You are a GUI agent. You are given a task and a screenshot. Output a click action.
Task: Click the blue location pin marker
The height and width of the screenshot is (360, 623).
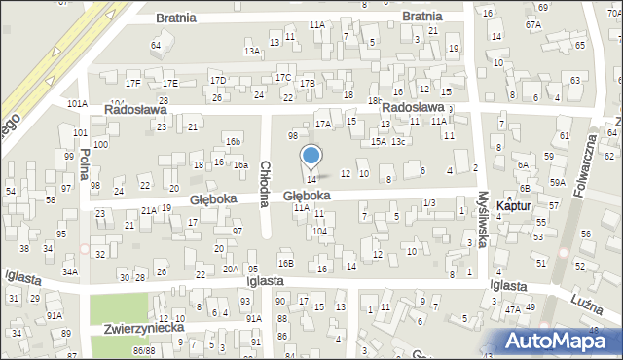pos(311,157)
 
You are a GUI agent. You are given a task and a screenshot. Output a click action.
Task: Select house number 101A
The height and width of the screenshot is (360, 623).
pos(77,103)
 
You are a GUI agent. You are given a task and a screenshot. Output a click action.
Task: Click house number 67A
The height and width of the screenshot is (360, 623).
pos(532,24)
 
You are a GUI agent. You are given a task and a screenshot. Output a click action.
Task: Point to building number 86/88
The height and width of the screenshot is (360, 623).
pos(145,349)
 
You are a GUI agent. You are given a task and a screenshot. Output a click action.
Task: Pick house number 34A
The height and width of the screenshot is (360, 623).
pos(70,272)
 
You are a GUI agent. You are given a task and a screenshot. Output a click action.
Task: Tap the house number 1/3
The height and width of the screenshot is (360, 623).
pos(429,202)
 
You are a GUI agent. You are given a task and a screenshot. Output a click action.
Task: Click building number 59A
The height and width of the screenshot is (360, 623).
pos(557,182)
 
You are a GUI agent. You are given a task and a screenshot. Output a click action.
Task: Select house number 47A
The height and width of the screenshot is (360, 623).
pos(512,308)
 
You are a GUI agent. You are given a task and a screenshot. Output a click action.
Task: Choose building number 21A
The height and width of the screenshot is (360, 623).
pos(149,210)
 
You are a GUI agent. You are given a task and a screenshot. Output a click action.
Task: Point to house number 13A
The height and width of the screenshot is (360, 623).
pos(252,51)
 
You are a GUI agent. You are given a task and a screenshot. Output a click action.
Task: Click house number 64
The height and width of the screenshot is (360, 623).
pos(156,46)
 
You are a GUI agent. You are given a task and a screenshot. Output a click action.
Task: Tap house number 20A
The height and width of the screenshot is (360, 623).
pos(231,269)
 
